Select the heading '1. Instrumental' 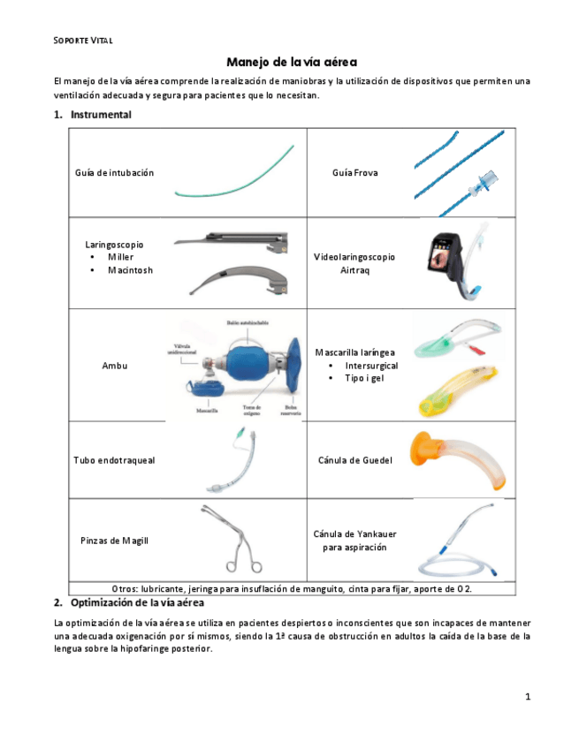[93, 115]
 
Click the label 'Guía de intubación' [114, 173]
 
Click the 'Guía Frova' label [355, 173]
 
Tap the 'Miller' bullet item [121, 257]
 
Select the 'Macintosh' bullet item [130, 270]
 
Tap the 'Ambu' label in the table [115, 366]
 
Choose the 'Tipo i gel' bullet [365, 379]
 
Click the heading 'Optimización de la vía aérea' [137, 603]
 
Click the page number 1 [528, 697]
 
